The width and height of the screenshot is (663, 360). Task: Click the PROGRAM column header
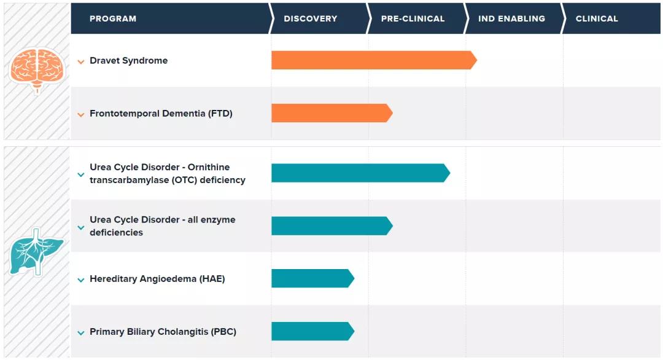[x=113, y=18]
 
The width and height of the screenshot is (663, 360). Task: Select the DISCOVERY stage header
[x=310, y=18]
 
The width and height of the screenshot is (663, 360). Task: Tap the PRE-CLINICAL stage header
[x=413, y=18]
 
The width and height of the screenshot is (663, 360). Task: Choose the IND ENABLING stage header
[x=511, y=18]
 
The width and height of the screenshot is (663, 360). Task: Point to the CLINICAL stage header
[x=597, y=18]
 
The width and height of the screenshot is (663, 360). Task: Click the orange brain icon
[x=36, y=69]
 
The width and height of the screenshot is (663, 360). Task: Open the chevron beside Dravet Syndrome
[x=81, y=61]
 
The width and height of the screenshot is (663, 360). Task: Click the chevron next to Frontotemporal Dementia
[x=81, y=114]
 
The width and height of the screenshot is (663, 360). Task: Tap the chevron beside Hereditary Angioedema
[x=81, y=280]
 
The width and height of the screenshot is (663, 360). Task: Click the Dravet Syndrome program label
[x=128, y=61]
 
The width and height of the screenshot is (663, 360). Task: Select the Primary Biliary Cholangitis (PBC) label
[x=163, y=332]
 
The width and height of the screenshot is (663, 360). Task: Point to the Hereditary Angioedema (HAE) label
[x=157, y=279]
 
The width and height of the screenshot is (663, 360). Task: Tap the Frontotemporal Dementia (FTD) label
[x=161, y=114]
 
